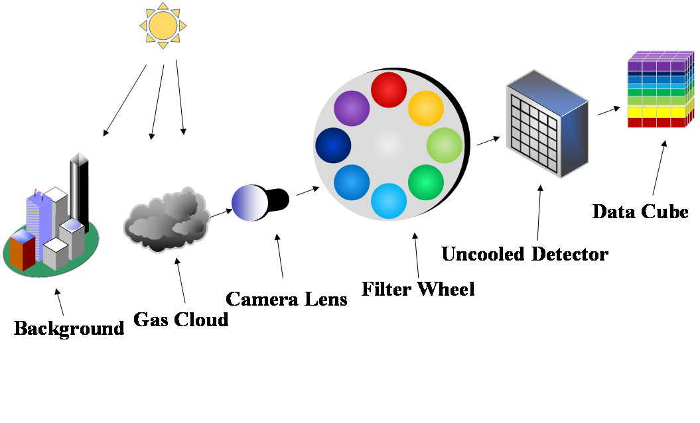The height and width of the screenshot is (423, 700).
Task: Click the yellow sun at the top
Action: (162, 26)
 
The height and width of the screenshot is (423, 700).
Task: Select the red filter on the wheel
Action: (389, 90)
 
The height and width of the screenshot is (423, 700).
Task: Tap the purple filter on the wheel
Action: (352, 108)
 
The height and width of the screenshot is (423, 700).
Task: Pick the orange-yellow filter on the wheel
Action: (425, 108)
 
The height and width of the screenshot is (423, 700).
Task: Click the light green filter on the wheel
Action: (444, 145)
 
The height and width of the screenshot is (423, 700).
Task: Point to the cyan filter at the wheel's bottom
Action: (389, 201)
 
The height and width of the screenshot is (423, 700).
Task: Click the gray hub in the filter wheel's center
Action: (389, 145)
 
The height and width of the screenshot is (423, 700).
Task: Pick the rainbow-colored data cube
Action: (661, 90)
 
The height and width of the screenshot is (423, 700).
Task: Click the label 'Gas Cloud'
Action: (181, 320)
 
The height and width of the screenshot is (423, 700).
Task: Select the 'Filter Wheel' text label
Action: (418, 289)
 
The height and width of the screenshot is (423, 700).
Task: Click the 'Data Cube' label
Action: (640, 212)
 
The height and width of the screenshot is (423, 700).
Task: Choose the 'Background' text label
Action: (69, 328)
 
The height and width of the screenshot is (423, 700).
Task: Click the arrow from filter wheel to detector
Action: (488, 140)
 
